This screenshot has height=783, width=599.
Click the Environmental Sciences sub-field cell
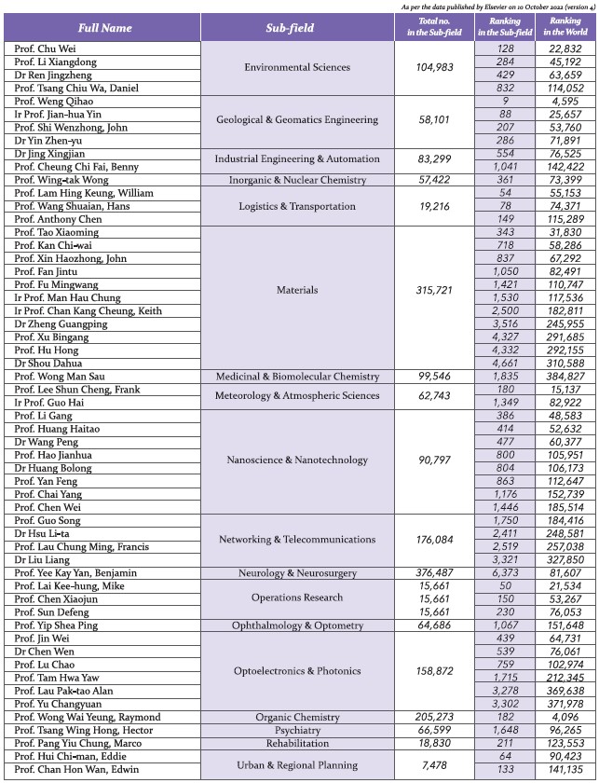[x=296, y=68]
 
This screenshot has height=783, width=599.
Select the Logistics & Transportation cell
[x=296, y=206]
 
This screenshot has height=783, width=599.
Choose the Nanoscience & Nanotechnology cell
[x=296, y=460]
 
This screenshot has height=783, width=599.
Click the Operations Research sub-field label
[x=296, y=598]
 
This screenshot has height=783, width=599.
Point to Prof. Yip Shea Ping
[x=58, y=625]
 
